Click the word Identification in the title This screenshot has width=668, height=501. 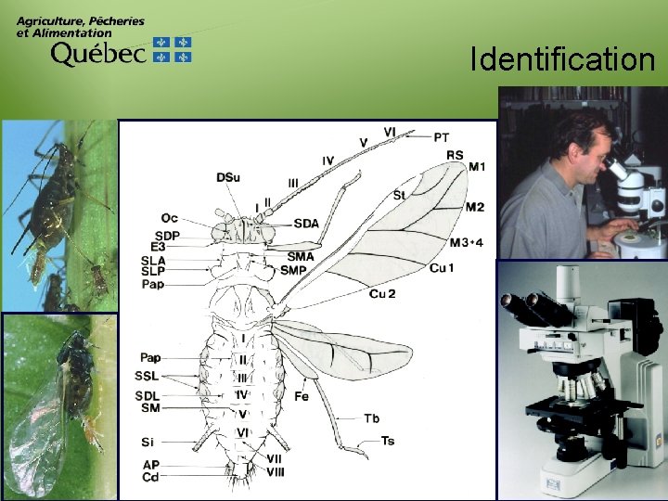pos(562,60)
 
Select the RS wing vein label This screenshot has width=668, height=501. pos(455,155)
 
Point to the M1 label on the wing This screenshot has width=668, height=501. pos(476,167)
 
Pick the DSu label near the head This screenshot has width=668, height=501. pos(227,177)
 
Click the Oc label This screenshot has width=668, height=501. pos(169,218)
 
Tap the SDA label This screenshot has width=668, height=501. pos(306,223)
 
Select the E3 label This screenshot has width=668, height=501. pos(158,247)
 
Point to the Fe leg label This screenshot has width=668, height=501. pos(302,396)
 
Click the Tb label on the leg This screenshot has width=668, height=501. pos(372,418)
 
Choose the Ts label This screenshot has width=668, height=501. pos(387,441)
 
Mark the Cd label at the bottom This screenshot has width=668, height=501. pos(150,477)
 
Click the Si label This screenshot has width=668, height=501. pos(148,442)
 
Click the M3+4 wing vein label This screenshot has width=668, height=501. pos(467,243)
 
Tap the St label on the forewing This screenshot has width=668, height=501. pos(399,196)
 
